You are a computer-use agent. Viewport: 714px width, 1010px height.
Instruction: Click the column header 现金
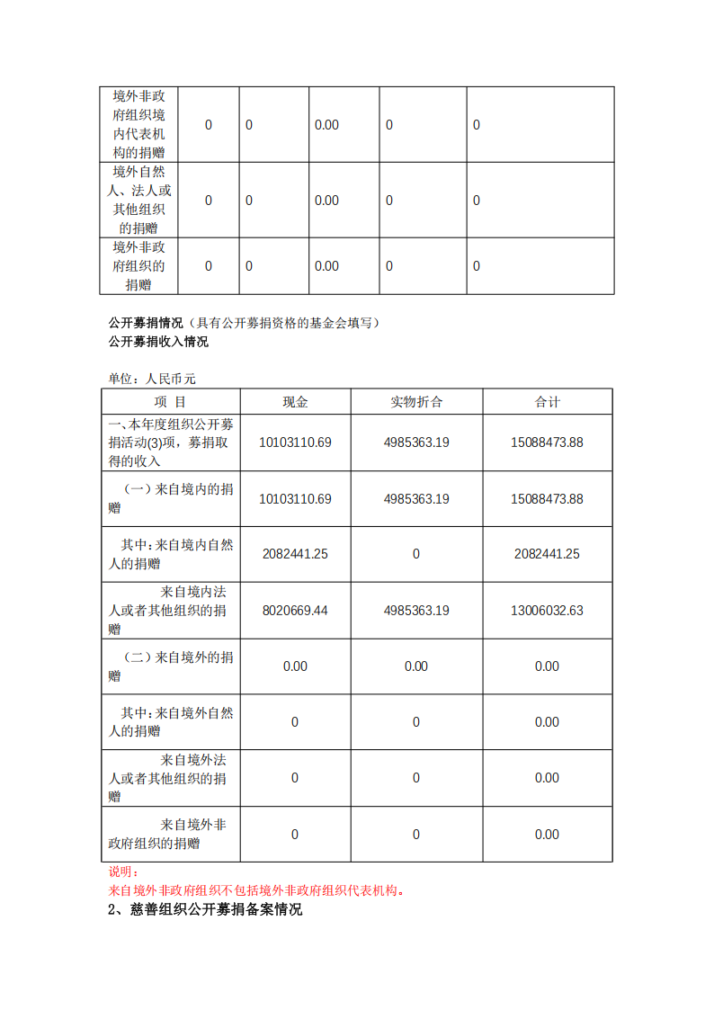(295, 402)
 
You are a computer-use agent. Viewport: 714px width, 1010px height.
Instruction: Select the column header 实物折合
(416, 402)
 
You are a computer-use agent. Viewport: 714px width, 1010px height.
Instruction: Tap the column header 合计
(547, 402)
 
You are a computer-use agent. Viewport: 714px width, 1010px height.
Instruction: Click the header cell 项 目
(170, 402)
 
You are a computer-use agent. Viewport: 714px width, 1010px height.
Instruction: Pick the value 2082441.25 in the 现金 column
(295, 554)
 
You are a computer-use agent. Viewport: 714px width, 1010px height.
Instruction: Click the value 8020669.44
(295, 610)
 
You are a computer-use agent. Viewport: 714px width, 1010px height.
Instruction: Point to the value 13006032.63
(547, 610)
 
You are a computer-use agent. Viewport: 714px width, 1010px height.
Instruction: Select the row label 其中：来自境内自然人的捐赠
(170, 554)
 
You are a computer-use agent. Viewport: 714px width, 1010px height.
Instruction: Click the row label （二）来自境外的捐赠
(170, 666)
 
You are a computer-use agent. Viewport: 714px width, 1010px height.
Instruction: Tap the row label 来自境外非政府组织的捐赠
(170, 834)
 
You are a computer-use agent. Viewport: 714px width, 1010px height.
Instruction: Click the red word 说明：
(123, 871)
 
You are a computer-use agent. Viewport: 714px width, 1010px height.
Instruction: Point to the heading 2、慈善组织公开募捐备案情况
(205, 909)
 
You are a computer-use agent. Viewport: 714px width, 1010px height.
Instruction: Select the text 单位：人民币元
(146, 380)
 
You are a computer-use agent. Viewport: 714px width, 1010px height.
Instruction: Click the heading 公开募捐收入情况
(158, 342)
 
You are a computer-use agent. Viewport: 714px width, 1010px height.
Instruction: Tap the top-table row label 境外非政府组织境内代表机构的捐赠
(138, 124)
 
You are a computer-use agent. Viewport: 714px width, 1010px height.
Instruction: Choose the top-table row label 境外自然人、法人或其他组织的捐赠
(138, 200)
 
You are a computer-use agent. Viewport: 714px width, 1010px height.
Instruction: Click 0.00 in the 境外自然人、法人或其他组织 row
(326, 200)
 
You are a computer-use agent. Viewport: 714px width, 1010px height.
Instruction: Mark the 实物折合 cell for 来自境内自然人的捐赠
(416, 554)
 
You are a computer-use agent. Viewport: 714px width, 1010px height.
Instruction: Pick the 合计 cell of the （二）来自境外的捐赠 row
(547, 666)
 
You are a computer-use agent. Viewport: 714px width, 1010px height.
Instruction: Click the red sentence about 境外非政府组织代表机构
(256, 890)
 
